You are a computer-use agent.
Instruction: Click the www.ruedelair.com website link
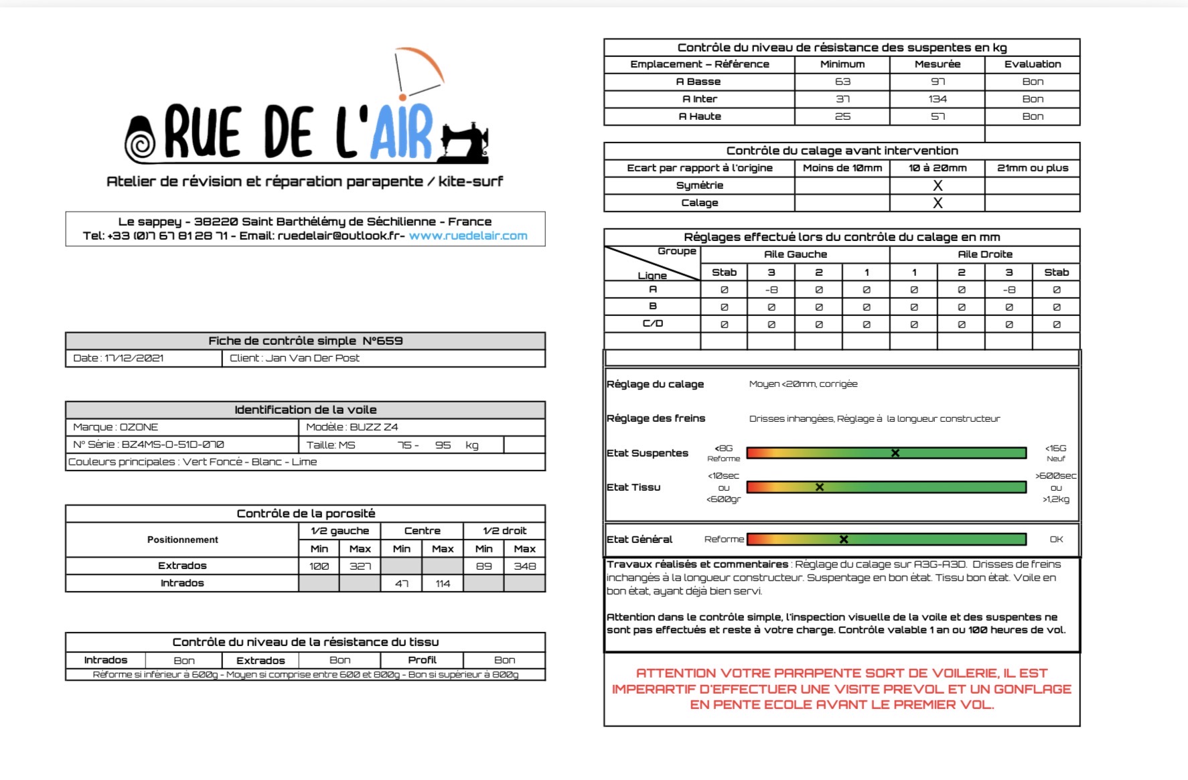tap(468, 236)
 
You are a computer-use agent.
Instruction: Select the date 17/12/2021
tap(134, 358)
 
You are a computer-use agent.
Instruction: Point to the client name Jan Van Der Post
tap(312, 358)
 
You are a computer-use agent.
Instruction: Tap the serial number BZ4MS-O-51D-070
tap(173, 445)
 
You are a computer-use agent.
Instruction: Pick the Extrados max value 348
tap(524, 566)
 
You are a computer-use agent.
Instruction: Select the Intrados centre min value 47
tap(402, 584)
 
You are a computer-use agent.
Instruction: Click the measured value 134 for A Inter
tap(937, 99)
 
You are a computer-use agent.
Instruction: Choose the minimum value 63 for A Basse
tap(842, 82)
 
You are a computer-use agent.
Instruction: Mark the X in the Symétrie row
tap(938, 185)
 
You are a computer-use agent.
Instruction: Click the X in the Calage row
tap(938, 203)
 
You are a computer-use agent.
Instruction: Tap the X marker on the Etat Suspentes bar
tap(895, 453)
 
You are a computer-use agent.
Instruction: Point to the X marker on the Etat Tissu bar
tap(819, 487)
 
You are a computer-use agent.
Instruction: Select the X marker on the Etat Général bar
tap(844, 539)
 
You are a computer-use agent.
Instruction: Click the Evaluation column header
tap(1032, 64)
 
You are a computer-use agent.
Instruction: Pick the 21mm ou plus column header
tap(1032, 168)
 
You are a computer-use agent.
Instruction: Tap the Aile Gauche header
tap(795, 254)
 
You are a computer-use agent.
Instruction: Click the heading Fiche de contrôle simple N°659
tap(305, 341)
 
